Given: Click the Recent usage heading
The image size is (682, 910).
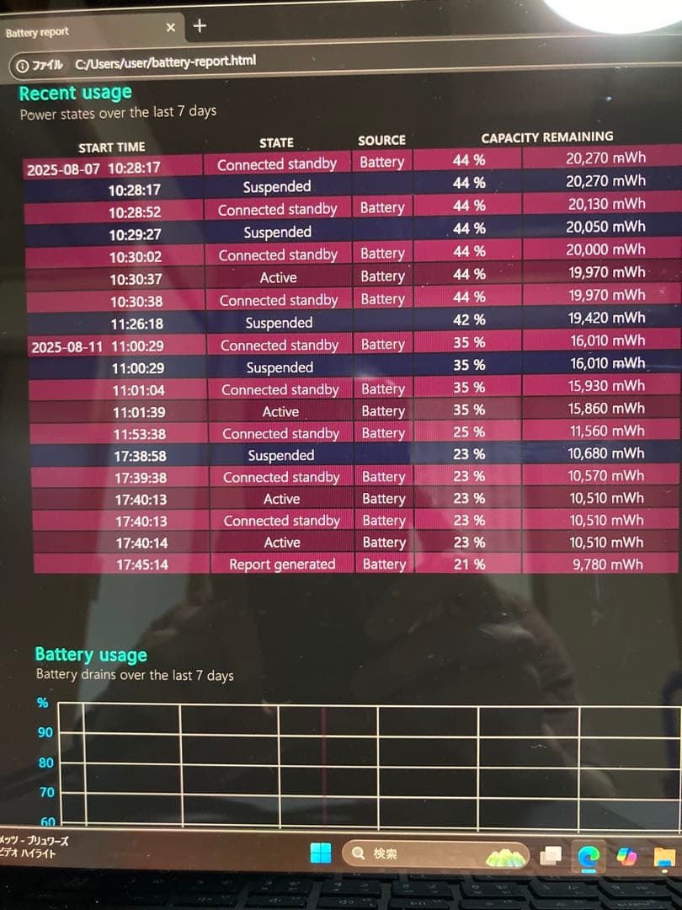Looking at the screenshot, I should coord(75,93).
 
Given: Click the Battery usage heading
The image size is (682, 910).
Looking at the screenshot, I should coord(91,655).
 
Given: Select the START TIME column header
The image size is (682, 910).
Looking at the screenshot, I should coord(111,147).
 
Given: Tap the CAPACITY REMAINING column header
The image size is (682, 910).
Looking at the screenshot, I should coord(546,136).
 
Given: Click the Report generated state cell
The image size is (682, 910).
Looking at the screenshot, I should coord(282,565).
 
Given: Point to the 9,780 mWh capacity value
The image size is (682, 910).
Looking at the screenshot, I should coord(607,565).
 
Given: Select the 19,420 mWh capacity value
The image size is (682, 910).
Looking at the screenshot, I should coord(605,318).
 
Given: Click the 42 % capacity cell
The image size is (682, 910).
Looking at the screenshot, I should coord(469,319).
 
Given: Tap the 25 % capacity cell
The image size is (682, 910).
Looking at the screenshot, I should coord(469,431).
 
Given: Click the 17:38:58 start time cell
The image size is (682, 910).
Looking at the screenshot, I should coord(141,456).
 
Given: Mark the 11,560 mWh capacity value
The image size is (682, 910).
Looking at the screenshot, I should coord(606,431).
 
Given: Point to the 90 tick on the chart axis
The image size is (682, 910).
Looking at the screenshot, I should coord(45,732).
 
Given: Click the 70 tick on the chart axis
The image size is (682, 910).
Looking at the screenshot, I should coord(45,792).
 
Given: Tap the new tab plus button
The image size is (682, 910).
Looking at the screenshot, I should coord(200,26).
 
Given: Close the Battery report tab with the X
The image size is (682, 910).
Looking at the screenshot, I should coord(171,28).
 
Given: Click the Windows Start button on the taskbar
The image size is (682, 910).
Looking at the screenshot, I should coord(321,854).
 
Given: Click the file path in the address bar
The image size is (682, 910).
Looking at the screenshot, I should coord(165,62).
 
